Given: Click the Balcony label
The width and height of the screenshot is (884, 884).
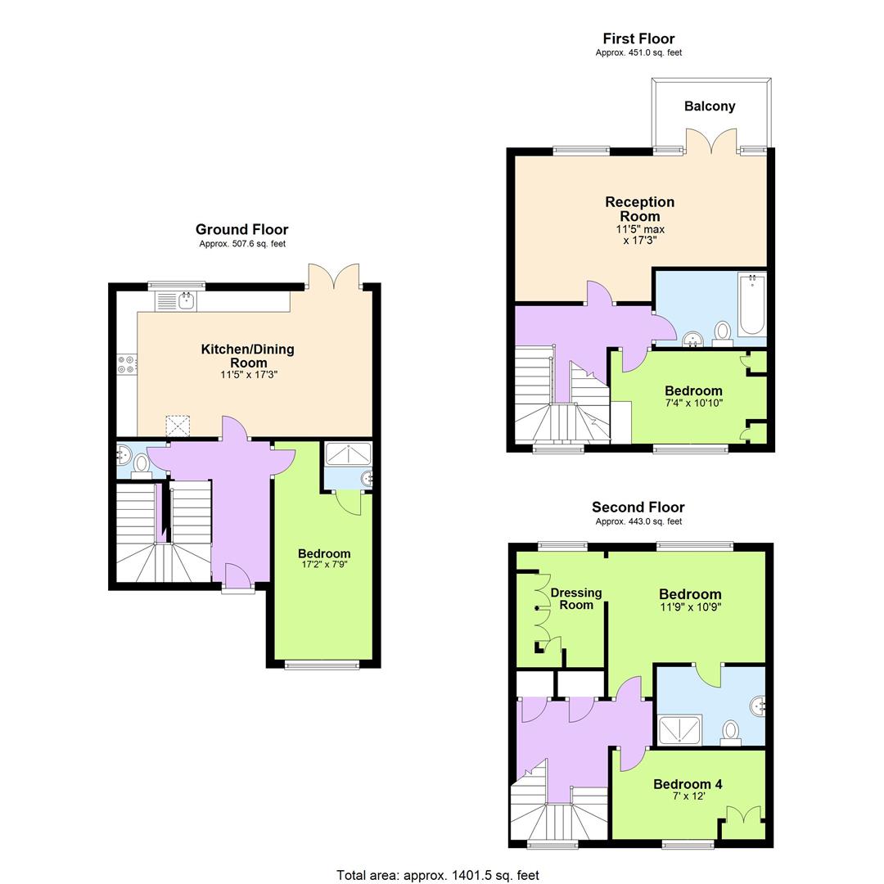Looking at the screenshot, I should coord(710,106).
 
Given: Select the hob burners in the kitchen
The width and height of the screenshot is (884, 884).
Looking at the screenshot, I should coord(127,363).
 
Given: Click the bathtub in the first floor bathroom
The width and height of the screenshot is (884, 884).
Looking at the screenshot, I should coord(751,305).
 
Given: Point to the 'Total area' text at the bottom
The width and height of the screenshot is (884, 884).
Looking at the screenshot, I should coord(438,875).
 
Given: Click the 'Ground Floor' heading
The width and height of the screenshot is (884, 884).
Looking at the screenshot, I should coord(241,230).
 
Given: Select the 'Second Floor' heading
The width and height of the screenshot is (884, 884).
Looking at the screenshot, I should coord(638,507).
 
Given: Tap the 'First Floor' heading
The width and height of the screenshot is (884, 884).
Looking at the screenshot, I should coord(638,38).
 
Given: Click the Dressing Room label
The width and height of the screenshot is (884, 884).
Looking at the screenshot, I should coord(575,598).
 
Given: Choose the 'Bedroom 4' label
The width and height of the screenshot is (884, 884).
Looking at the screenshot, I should coord(688,784).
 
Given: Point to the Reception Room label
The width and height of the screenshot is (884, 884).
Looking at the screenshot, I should coord(640,209).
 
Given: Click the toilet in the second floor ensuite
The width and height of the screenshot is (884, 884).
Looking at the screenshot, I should coord(731,731).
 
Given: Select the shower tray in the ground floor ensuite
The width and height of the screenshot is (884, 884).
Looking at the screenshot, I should coord(348,453).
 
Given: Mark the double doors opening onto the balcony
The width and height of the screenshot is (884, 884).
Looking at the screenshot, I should coord(712,141).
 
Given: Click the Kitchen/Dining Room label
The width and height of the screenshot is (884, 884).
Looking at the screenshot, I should coord(248,355).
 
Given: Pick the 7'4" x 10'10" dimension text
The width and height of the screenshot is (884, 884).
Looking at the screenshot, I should coord(693,403).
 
